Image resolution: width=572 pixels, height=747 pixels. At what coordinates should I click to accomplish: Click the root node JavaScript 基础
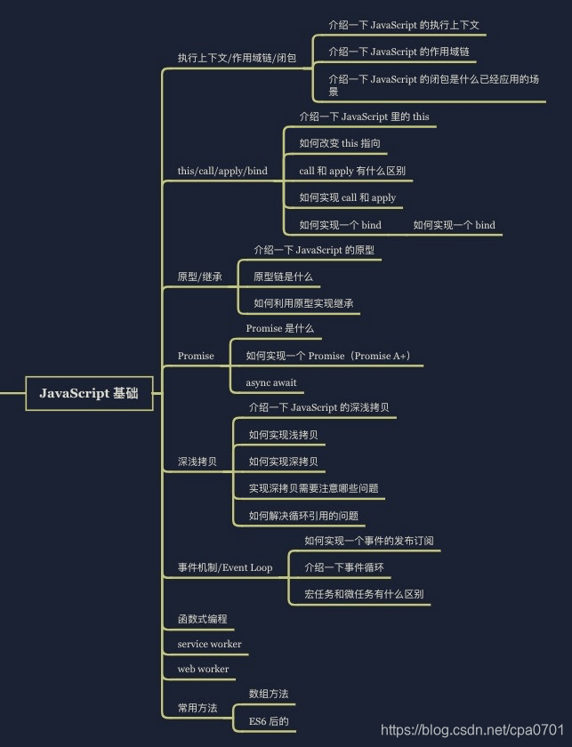point(89,393)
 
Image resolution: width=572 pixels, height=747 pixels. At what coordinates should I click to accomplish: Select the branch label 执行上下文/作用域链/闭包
point(237,58)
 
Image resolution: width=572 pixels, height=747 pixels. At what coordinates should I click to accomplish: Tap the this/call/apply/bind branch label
point(222,171)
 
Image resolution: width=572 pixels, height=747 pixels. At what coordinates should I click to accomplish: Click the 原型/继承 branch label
point(200,277)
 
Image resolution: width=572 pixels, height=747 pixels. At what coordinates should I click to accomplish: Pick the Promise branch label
point(196,356)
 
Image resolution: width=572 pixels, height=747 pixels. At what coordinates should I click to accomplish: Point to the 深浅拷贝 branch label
point(197,462)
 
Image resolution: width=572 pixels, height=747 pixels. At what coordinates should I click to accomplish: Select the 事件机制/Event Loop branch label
point(225,567)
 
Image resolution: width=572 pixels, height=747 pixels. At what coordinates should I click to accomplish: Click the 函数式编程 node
point(202,618)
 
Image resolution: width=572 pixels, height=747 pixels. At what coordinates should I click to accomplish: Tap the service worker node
point(209,644)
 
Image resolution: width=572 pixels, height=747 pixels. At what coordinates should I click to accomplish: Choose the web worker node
point(203,669)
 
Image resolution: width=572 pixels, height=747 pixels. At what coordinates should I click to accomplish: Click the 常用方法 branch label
point(197,708)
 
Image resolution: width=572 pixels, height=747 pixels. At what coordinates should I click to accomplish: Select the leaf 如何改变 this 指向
point(340,143)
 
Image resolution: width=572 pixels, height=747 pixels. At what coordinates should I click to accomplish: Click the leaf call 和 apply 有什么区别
point(352,171)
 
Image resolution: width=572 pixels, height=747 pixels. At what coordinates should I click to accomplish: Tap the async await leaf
point(271,382)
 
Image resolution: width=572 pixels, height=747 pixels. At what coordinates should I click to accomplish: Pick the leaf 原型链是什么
point(283,277)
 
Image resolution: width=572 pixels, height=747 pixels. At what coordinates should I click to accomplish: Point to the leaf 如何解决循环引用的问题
point(303,515)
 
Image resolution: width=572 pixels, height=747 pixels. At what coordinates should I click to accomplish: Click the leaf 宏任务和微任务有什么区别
point(364,594)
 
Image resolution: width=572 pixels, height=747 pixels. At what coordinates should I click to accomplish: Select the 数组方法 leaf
point(269,693)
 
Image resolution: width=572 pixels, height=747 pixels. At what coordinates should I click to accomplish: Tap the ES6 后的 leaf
point(269,721)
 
